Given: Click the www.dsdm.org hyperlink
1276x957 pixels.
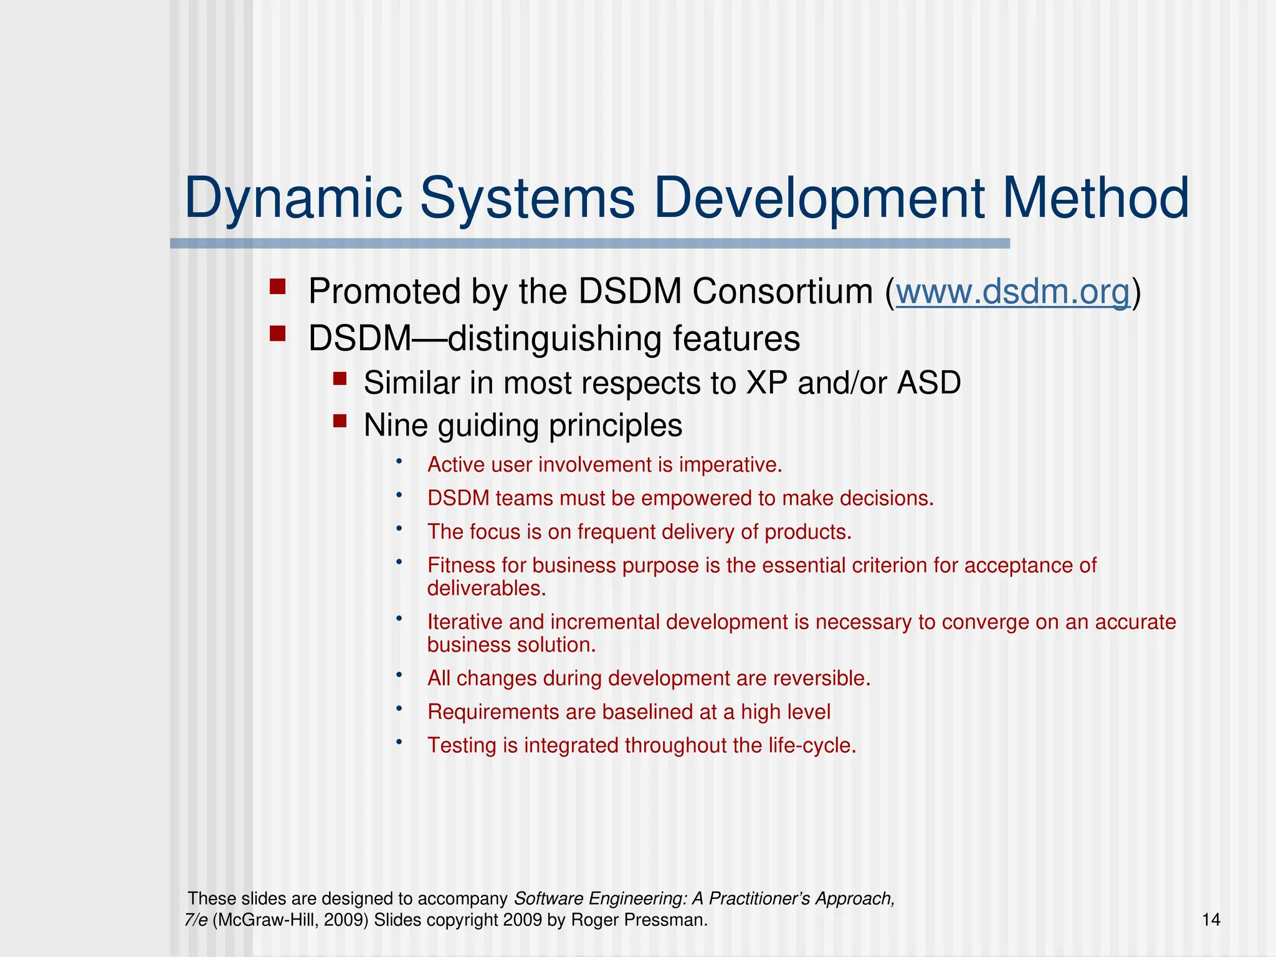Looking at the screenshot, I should pyautogui.click(x=1012, y=292).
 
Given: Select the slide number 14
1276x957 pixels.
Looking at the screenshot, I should pyautogui.click(x=1211, y=920).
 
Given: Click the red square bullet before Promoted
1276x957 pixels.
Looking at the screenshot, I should pyautogui.click(x=277, y=287).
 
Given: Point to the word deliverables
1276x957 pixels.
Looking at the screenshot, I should pyautogui.click(x=485, y=588).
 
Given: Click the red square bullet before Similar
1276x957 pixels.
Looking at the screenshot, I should pyautogui.click(x=340, y=379).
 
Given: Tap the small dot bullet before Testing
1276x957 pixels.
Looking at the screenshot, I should pyautogui.click(x=399, y=741).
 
